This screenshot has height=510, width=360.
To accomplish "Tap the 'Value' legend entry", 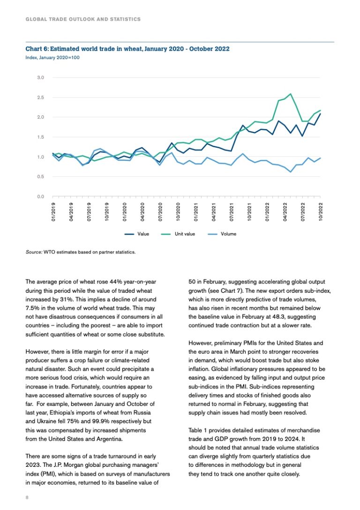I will (x=143, y=234).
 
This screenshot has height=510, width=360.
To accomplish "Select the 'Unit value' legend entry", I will (x=185, y=234).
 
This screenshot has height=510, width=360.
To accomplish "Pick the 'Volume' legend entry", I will (x=228, y=234).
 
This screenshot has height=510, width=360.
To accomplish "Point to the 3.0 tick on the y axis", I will (x=41, y=77).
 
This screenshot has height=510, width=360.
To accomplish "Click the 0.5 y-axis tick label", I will (x=41, y=177).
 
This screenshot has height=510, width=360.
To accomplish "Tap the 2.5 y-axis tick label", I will (x=41, y=98).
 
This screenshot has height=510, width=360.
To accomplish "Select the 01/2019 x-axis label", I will (x=53, y=211).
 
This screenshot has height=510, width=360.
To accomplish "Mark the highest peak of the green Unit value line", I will (x=291, y=94).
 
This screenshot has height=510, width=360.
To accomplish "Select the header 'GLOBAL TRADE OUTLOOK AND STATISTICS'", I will (x=83, y=19).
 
